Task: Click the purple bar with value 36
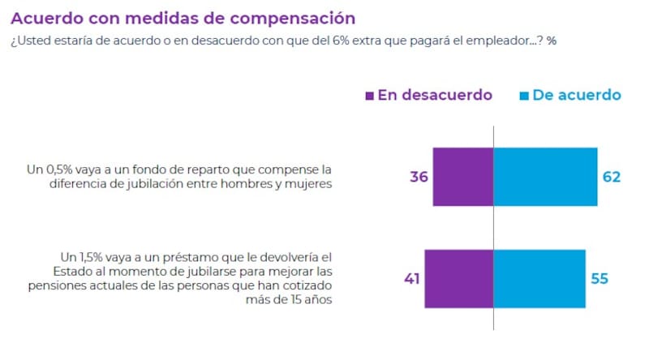[463, 177]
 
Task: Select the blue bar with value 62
[545, 177]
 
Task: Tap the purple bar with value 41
[459, 279]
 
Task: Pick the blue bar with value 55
[539, 279]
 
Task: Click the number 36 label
[419, 177]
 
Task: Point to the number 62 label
[612, 177]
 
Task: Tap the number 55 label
[599, 279]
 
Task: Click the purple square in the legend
[370, 96]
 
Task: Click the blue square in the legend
[524, 96]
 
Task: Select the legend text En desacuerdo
[435, 95]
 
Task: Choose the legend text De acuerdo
[576, 95]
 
